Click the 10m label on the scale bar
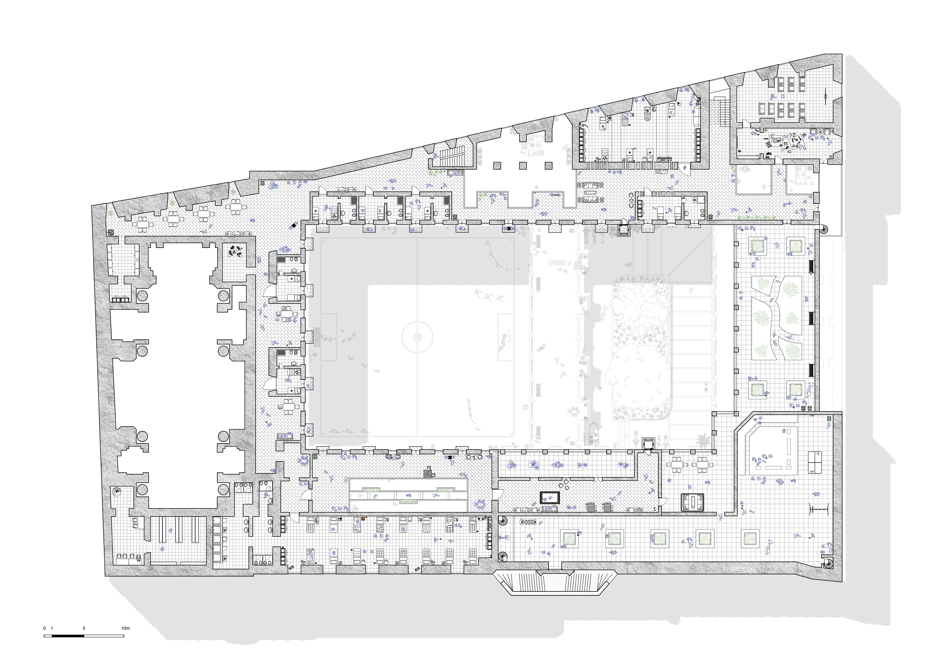[x=125, y=628]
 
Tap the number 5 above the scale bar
[x=84, y=628]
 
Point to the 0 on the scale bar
[x=44, y=628]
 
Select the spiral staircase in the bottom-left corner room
[x=117, y=492]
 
